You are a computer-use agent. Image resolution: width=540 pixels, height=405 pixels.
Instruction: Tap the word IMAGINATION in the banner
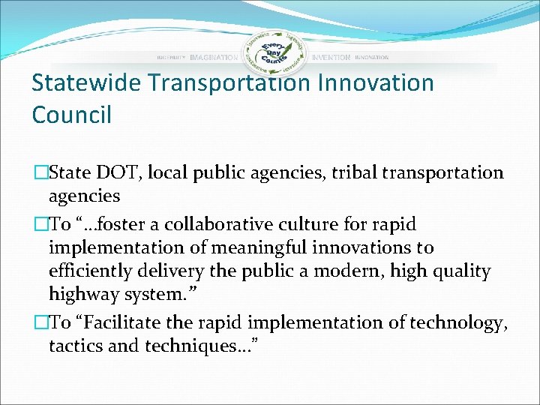[214, 58]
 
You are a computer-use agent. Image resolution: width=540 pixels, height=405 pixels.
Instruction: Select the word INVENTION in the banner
[331, 58]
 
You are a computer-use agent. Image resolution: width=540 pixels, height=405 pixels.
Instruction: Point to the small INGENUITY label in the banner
[171, 58]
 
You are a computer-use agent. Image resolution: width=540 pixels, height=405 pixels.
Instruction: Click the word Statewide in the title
[85, 83]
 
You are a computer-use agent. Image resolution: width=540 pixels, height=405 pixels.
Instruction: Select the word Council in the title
[71, 115]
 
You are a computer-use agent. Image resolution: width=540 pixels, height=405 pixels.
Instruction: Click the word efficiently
[89, 271]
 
